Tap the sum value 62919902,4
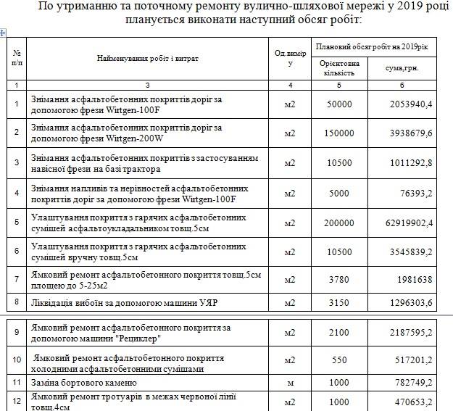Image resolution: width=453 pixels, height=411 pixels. pos(407,223)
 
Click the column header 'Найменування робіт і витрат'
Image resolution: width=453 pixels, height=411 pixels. pos(147,58)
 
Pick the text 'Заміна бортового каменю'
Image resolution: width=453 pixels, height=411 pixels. pos(83,382)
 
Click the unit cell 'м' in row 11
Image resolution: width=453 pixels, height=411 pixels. pos(290,382)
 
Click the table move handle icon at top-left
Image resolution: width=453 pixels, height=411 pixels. pos(4,33)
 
